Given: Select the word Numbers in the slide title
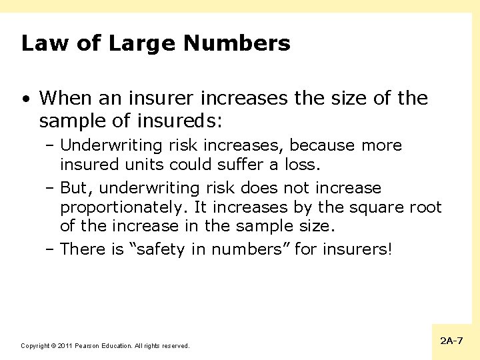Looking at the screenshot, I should [237, 43].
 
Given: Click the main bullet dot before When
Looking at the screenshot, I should [25, 99].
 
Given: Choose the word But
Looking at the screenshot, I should [74, 188].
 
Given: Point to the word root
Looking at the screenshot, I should [424, 207].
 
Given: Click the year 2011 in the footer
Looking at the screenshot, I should [64, 346].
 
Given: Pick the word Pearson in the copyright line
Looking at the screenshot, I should [87, 346].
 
